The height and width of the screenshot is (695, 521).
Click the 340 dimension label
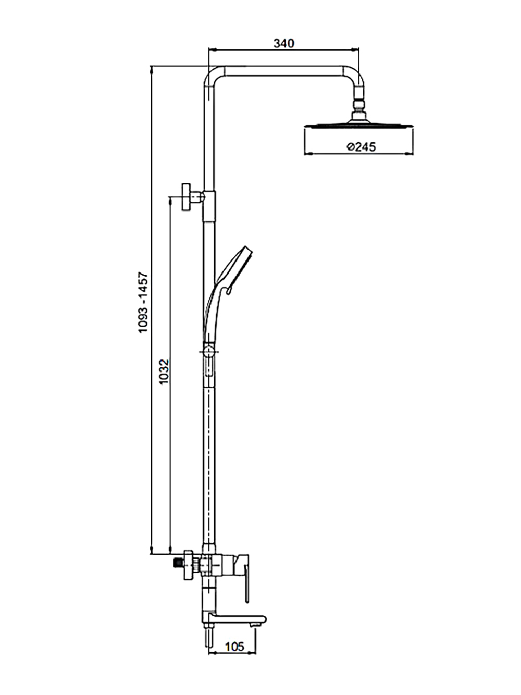pyautogui.click(x=284, y=43)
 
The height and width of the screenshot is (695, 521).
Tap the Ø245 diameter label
pyautogui.click(x=361, y=146)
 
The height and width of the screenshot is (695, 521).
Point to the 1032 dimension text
pyautogui.click(x=165, y=371)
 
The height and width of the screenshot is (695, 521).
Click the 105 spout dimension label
pyautogui.click(x=234, y=646)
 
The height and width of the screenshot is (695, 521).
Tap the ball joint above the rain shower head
pyautogui.click(x=358, y=104)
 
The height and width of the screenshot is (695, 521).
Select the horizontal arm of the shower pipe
pyautogui.click(x=283, y=71)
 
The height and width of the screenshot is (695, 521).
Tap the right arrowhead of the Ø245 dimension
pyautogui.click(x=410, y=154)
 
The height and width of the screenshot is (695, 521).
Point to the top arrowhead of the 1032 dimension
pyautogui.click(x=170, y=201)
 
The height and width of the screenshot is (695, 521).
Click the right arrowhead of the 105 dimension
pyautogui.click(x=252, y=653)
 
